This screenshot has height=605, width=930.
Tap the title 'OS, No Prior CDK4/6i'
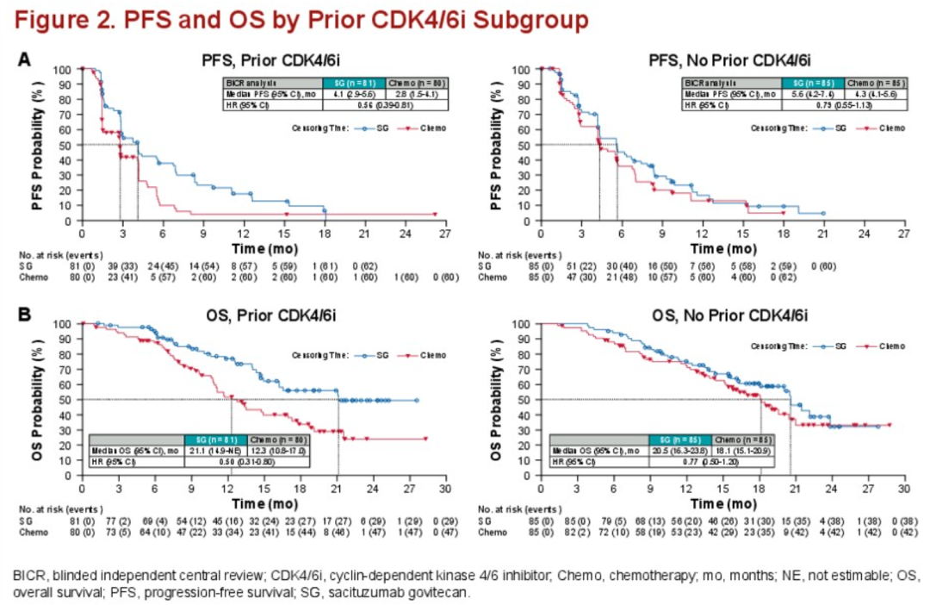[722, 315]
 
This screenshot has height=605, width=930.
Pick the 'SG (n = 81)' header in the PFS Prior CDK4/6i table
[354, 82]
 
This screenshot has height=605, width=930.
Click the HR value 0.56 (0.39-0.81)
[386, 104]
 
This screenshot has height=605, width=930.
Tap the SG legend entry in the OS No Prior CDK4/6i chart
[831, 346]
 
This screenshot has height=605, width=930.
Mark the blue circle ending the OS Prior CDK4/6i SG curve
[417, 401]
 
